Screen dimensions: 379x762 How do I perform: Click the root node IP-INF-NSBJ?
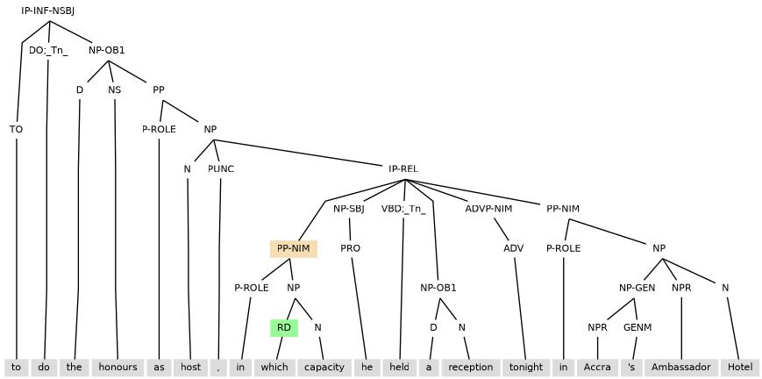coord(48,11)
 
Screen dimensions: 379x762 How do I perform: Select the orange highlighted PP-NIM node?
coord(294,248)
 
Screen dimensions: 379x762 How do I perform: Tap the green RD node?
coord(284,328)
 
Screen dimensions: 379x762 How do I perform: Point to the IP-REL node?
coord(403,168)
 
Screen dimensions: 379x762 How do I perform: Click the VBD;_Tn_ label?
coord(403,209)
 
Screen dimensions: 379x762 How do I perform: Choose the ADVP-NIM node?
coord(488,209)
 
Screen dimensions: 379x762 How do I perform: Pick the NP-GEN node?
coord(637,288)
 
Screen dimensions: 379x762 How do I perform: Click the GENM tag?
coord(637,328)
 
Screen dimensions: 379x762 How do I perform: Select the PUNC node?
coord(221,168)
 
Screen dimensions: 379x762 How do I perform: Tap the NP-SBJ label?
coord(348,209)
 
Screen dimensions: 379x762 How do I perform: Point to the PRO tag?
coord(350,248)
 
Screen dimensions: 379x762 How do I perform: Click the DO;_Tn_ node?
coord(48,50)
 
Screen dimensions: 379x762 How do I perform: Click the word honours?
coord(117,368)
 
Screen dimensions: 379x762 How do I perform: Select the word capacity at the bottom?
coord(324,368)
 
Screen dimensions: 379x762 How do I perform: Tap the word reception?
coord(471,368)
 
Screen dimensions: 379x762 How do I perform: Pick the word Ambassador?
coord(681,368)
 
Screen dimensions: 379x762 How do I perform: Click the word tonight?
coord(526,368)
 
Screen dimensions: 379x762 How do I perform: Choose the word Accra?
coord(597,368)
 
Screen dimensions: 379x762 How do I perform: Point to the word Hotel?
coord(740,368)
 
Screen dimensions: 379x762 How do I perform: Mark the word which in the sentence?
coord(274,368)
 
